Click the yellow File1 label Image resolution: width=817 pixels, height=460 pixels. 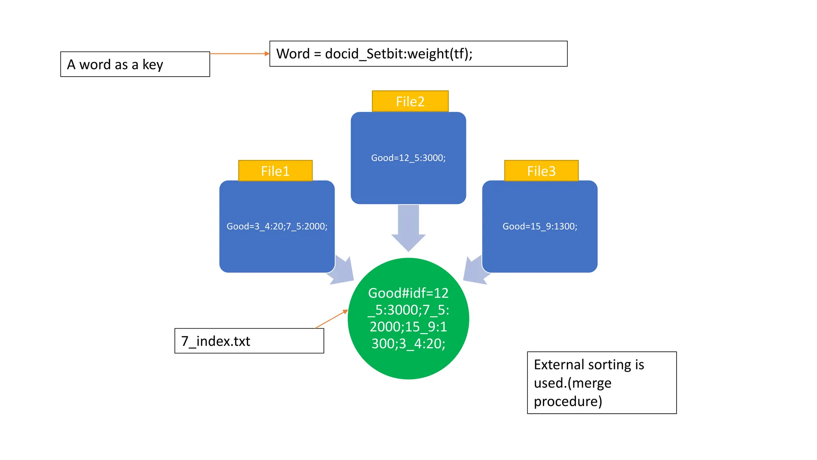pyautogui.click(x=275, y=171)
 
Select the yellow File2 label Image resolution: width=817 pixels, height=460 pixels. pyautogui.click(x=410, y=101)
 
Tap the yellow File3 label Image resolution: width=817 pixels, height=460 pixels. pyautogui.click(x=541, y=171)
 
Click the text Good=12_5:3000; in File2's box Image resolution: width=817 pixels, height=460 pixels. pyautogui.click(x=408, y=158)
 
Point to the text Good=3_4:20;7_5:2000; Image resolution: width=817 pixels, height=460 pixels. pyautogui.click(x=277, y=226)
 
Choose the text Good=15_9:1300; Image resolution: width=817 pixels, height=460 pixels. pyautogui.click(x=540, y=226)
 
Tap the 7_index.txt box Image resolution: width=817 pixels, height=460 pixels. pyautogui.click(x=249, y=341)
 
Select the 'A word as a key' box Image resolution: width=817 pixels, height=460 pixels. pyautogui.click(x=135, y=64)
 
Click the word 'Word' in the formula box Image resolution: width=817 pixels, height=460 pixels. pyautogui.click(x=293, y=54)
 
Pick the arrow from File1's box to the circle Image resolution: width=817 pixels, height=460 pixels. pyautogui.click(x=343, y=272)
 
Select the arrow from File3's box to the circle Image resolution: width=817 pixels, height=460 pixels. pyautogui.click(x=475, y=272)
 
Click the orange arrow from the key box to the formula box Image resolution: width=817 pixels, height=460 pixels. pyautogui.click(x=239, y=54)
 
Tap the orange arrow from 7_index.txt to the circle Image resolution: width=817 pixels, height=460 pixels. pyautogui.click(x=331, y=319)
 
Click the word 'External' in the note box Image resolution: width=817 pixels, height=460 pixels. pyautogui.click(x=558, y=365)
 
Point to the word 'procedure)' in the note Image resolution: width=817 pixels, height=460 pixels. pyautogui.click(x=568, y=401)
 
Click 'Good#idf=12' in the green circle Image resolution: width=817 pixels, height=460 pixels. pyautogui.click(x=408, y=293)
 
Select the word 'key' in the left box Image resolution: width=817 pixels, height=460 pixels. pyautogui.click(x=153, y=65)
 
